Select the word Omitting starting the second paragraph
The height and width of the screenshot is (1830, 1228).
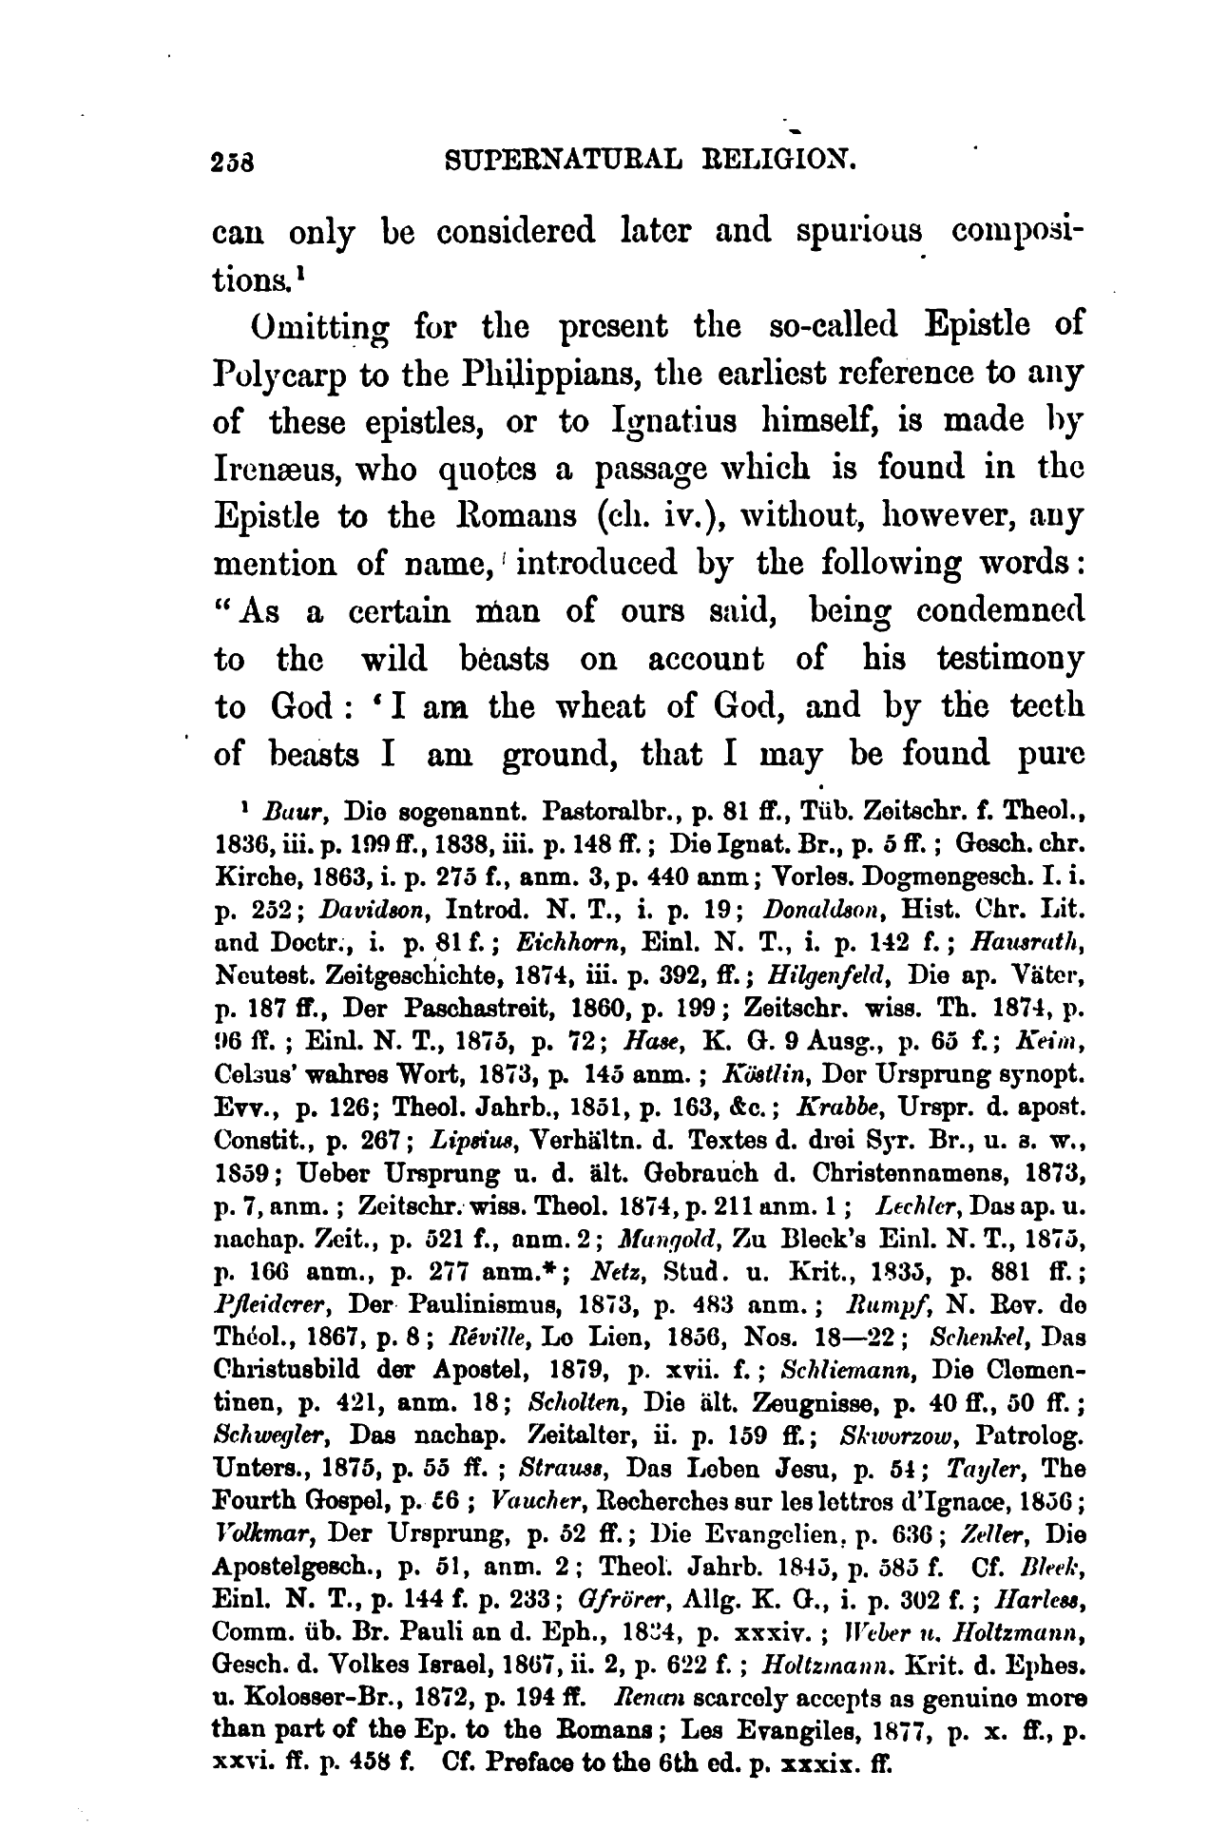[x=302, y=328]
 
